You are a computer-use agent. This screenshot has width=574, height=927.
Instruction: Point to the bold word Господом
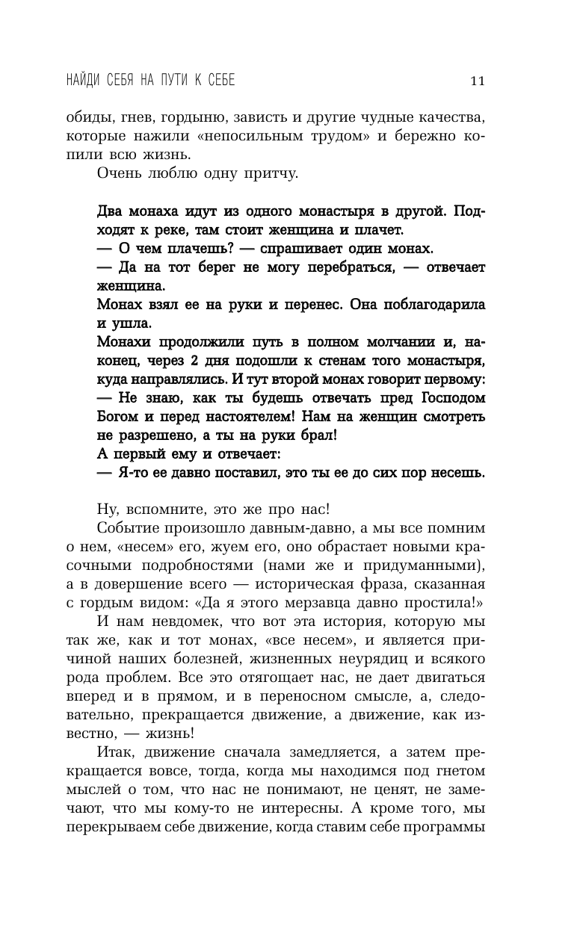445,397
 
